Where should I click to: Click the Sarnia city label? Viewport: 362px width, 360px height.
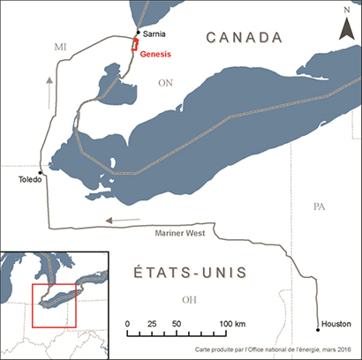[x=155, y=34]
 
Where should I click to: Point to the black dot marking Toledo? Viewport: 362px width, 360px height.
[x=41, y=173]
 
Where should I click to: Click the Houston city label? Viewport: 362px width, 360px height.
[x=334, y=325]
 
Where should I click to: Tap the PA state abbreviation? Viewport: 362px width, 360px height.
[x=320, y=206]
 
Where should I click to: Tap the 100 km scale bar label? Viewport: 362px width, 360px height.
[x=232, y=325]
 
